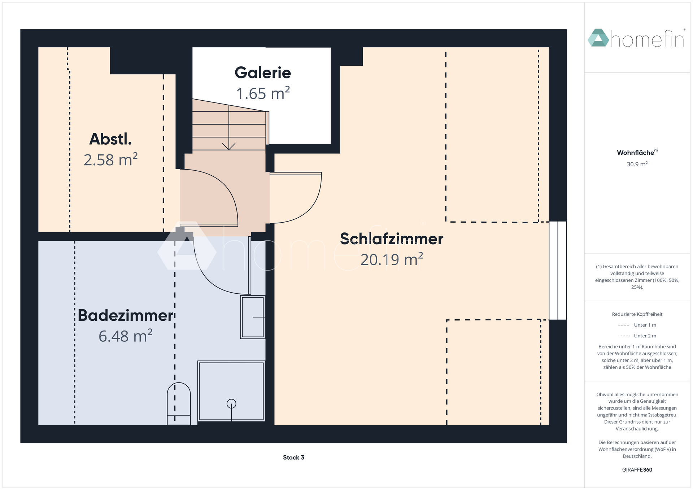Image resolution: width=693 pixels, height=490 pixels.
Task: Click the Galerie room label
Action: click(x=263, y=73)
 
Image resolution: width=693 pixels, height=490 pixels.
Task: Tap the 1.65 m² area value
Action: click(x=263, y=93)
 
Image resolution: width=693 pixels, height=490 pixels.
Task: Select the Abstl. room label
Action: click(x=110, y=139)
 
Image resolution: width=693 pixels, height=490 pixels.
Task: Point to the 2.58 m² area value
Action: click(x=110, y=160)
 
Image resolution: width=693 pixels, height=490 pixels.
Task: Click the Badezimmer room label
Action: click(x=126, y=315)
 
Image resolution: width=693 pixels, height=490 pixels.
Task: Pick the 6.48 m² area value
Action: click(x=126, y=336)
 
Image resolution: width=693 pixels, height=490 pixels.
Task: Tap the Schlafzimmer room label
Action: click(x=392, y=239)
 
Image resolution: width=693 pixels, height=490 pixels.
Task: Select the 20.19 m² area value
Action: click(x=392, y=259)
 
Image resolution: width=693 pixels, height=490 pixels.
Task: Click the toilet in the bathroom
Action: click(x=179, y=404)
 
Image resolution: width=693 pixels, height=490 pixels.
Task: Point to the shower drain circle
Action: click(x=231, y=404)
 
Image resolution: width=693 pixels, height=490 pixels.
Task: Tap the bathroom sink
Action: click(x=253, y=317)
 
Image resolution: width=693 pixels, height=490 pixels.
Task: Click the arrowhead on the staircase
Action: click(x=229, y=146)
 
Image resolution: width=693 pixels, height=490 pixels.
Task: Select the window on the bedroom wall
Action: click(x=558, y=271)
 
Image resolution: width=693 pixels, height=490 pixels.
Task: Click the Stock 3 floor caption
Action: click(x=293, y=458)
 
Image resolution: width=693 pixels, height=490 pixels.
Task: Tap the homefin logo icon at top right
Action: click(x=598, y=38)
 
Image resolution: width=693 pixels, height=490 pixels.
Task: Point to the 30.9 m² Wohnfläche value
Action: click(x=637, y=164)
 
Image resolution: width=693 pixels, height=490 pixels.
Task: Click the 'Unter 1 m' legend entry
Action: click(x=637, y=325)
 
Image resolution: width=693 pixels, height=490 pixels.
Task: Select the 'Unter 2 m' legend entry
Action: click(x=637, y=336)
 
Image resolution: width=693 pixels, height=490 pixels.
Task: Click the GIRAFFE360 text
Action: click(x=637, y=470)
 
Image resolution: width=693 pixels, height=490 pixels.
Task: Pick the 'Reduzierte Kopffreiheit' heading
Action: click(x=637, y=314)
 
